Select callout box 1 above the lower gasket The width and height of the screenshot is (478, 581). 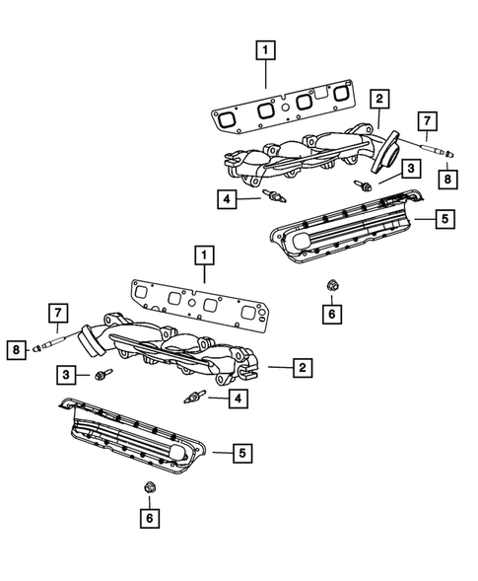point(203,255)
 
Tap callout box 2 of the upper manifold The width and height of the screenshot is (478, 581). point(378,98)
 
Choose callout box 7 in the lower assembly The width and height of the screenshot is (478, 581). point(58,315)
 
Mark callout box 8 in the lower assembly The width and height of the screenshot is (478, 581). point(17,347)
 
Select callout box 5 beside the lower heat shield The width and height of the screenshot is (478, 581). point(241,453)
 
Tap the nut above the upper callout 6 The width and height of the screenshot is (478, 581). point(331,286)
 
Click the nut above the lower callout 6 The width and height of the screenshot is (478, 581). point(149,486)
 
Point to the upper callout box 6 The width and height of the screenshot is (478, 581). point(331,315)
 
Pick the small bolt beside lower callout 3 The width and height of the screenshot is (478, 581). point(103,375)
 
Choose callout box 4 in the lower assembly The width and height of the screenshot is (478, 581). point(236,399)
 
